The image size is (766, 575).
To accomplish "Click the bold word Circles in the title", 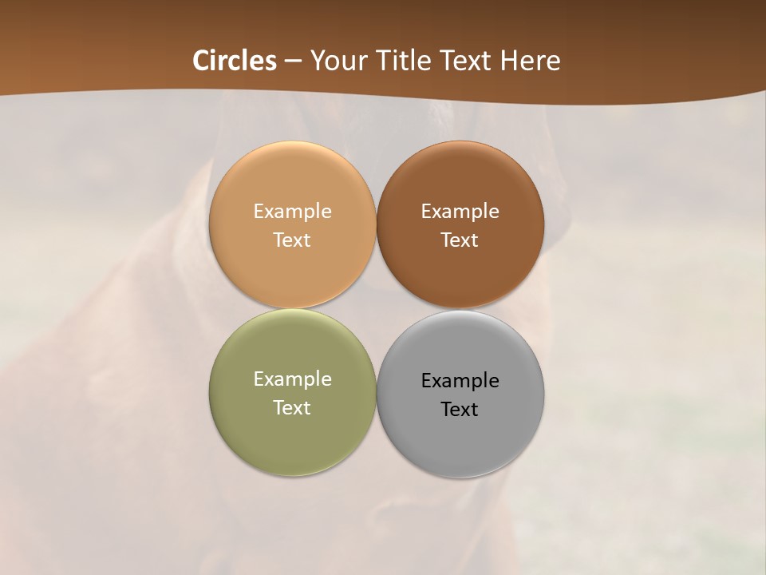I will click(235, 61).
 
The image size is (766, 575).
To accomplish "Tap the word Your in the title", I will click(336, 61).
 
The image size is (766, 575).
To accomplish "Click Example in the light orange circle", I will click(292, 212).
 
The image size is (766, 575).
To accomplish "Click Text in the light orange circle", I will click(292, 240).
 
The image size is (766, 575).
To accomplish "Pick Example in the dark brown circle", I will click(460, 212).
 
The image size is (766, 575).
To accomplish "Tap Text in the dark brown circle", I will click(460, 240).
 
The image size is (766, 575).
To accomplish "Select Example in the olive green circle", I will click(292, 379).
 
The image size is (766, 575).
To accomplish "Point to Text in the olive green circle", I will click(292, 408).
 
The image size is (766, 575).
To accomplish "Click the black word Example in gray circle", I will click(460, 381).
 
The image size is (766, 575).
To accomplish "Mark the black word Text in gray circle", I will click(460, 410).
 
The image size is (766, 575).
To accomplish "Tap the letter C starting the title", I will click(201, 61).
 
